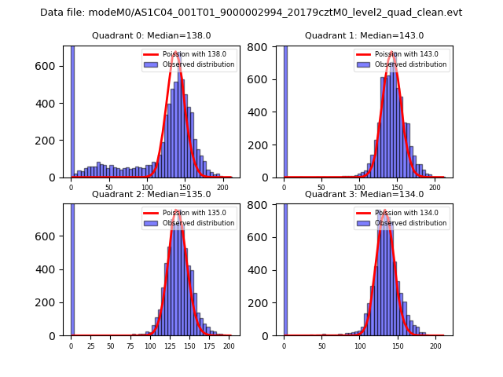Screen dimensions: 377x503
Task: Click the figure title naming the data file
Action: click(251, 13)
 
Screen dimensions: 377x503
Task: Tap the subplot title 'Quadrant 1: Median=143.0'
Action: click(364, 35)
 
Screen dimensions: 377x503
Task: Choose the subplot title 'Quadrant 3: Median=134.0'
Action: click(364, 194)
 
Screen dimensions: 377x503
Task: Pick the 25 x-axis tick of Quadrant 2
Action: click(90, 346)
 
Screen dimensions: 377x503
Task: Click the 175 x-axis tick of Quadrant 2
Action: click(208, 346)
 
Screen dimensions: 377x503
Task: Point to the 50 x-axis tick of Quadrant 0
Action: click(108, 187)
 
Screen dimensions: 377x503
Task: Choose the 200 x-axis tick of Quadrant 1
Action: click(435, 187)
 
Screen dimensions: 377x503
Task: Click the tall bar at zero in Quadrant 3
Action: click(285, 267)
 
